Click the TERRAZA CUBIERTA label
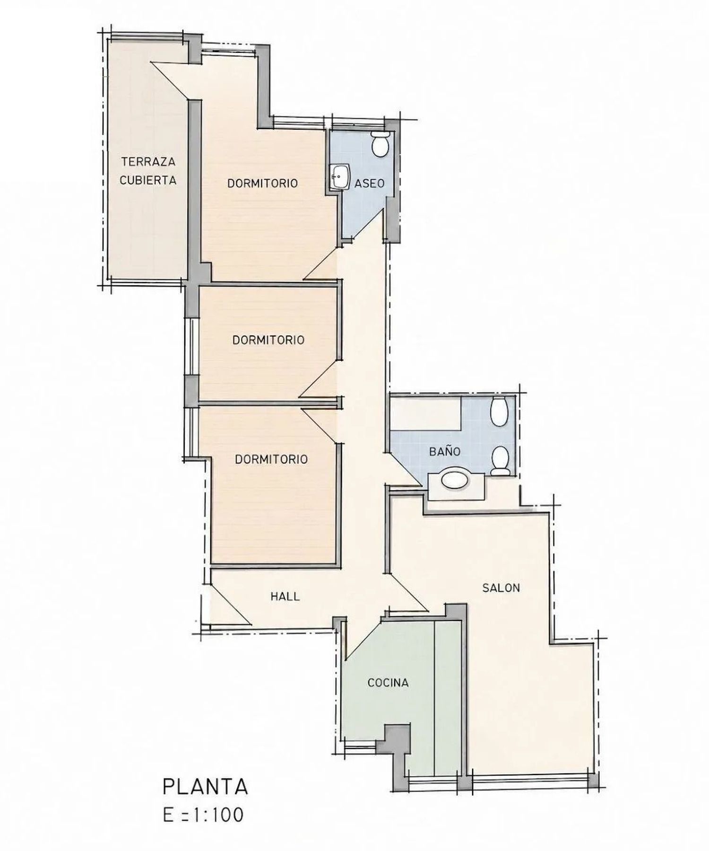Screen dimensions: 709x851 click(x=148, y=171)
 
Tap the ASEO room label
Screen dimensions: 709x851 click(x=370, y=183)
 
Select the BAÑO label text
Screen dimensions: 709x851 click(x=445, y=451)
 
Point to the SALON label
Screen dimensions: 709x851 click(x=501, y=588)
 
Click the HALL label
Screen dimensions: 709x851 click(x=285, y=596)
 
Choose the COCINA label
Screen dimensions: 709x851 click(x=388, y=682)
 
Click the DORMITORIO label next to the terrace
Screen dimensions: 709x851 click(x=263, y=183)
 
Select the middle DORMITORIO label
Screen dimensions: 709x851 click(x=268, y=340)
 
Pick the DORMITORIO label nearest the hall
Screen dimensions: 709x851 click(x=271, y=459)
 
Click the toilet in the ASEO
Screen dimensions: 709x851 click(x=380, y=144)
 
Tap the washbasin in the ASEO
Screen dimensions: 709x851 click(x=339, y=177)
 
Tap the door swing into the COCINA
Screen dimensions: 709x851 click(x=363, y=638)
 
